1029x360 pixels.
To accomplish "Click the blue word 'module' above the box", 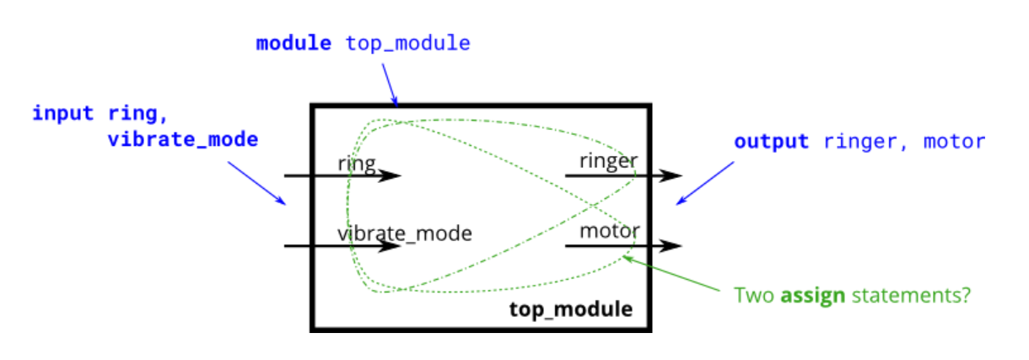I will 294,43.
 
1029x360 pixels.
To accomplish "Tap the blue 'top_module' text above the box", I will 407,43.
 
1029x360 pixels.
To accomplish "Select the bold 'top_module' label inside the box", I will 570,309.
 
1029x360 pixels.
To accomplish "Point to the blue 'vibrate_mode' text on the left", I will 182,139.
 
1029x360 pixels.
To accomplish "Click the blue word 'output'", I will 771,141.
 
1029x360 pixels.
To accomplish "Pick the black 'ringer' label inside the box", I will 607,160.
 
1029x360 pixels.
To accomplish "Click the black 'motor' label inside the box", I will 609,230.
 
